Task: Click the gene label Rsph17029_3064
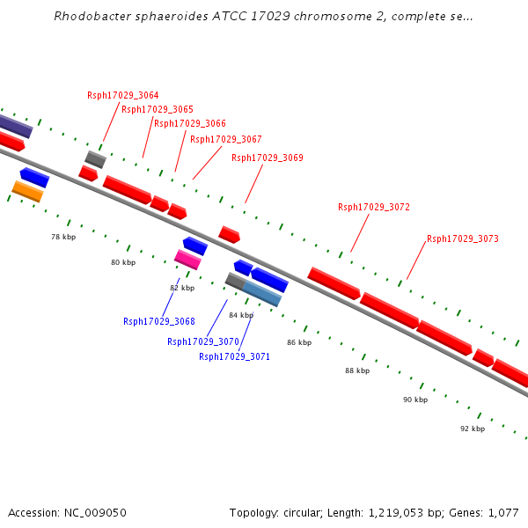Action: (x=123, y=95)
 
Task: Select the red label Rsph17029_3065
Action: (x=158, y=109)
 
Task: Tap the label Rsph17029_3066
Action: (x=190, y=123)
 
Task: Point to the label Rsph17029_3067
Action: (x=226, y=139)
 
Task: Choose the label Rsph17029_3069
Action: (x=268, y=158)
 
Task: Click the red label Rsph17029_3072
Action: (x=374, y=207)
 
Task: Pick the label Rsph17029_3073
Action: (x=463, y=238)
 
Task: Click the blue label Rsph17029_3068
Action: (x=159, y=321)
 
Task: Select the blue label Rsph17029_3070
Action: (x=203, y=341)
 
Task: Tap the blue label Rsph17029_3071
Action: (x=234, y=356)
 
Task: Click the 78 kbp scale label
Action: (x=63, y=237)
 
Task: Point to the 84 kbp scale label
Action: (x=241, y=314)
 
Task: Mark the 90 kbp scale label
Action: (x=415, y=400)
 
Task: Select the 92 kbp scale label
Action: (x=473, y=429)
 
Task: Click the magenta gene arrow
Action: (x=187, y=259)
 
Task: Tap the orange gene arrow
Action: (x=27, y=191)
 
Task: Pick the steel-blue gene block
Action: (x=261, y=293)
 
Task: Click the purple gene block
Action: (x=15, y=126)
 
